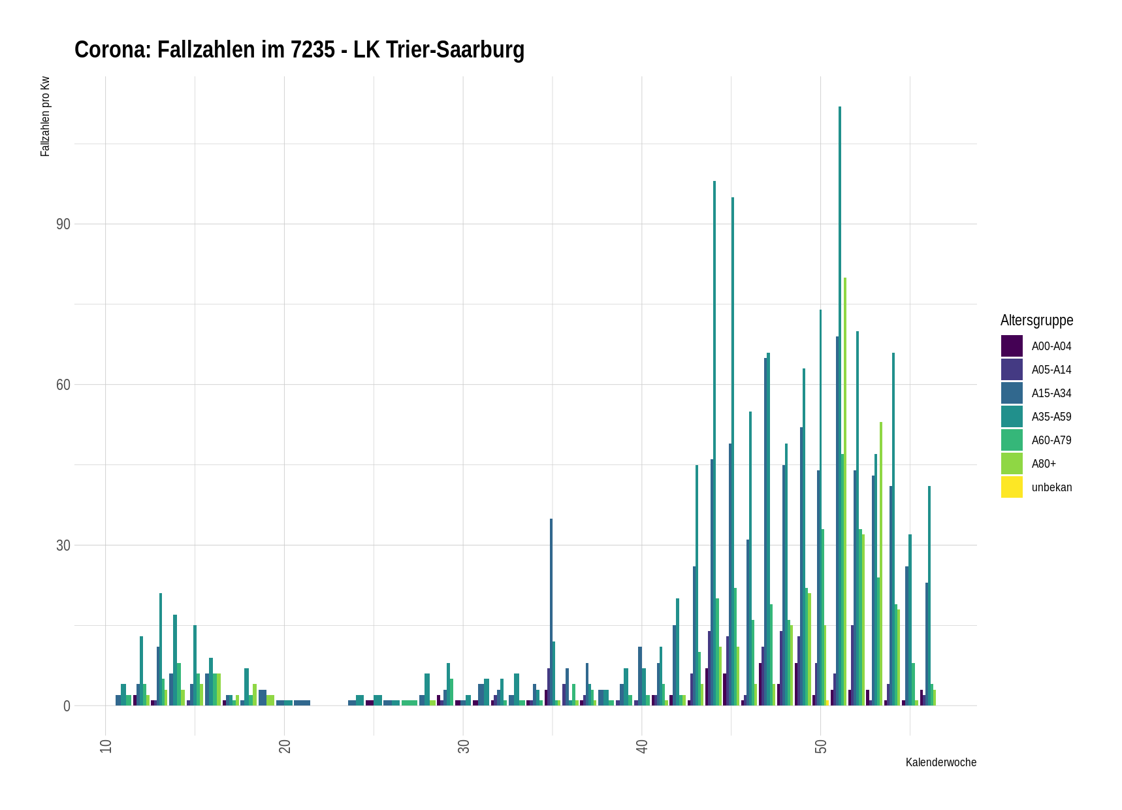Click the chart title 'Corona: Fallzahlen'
coord(299,50)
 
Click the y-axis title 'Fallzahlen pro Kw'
coord(45,117)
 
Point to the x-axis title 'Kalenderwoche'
coord(940,762)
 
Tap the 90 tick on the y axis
coord(63,224)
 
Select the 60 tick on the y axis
coord(63,385)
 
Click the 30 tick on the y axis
coord(63,545)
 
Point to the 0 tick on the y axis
coord(67,706)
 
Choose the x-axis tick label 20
coord(285,746)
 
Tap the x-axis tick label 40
coord(642,746)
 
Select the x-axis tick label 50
coord(821,746)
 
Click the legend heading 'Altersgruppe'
coord(1036,320)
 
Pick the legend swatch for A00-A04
coord(1012,346)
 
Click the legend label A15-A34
coord(1051,393)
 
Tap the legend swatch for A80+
coord(1012,464)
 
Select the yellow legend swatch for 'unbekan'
coord(1012,487)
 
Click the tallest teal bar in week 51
coord(840,405)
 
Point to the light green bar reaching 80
coord(845,490)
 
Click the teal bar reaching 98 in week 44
coord(714,444)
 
